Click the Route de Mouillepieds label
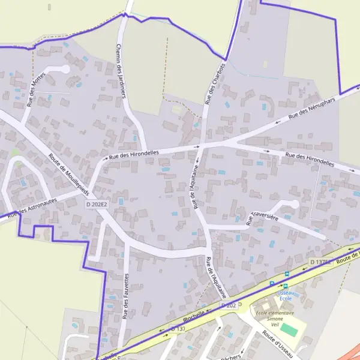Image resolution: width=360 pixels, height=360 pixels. coord(68,176)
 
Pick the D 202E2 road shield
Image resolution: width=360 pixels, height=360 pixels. coord(96,205)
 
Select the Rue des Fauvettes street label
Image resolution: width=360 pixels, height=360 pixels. coord(127,296)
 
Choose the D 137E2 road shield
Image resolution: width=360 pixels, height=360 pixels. coord(321,262)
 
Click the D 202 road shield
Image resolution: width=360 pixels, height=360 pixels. coord(227,305)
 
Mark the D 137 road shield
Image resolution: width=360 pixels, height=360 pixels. coord(178,329)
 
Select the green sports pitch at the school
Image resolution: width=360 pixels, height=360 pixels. coord(289,329)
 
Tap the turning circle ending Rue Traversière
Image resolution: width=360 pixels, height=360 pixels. coord(293,204)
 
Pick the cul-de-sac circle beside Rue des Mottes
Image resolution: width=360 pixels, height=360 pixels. coord(65,69)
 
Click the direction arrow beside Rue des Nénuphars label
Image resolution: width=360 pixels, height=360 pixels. coord(277,122)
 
